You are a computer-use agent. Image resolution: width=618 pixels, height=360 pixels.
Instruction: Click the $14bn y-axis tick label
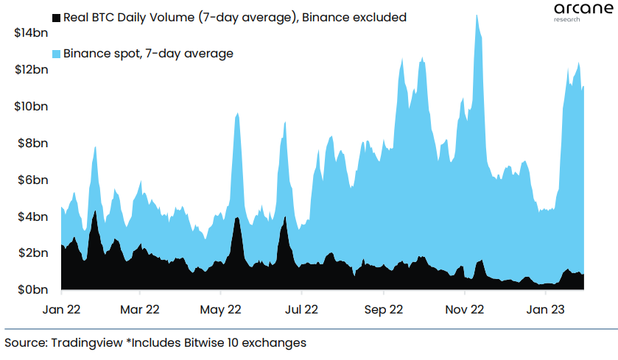[x=32, y=33]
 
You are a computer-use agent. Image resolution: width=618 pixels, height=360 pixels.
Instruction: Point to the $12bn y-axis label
[x=32, y=70]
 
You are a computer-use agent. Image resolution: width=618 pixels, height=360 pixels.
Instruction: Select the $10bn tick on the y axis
[x=32, y=107]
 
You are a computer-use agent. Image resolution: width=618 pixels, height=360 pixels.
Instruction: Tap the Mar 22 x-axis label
[x=140, y=310]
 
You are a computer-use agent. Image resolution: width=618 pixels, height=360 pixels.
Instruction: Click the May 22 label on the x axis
[x=222, y=310]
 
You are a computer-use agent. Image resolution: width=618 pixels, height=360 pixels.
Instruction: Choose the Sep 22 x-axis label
[x=385, y=310]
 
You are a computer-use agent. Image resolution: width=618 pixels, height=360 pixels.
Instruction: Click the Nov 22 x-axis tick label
[x=466, y=310]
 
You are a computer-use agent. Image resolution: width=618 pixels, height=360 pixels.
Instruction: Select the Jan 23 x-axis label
[x=546, y=310]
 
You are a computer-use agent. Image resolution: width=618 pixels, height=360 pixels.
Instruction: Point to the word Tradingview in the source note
[x=80, y=342]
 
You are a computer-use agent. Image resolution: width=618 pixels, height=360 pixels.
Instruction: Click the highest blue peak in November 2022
[x=477, y=15]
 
